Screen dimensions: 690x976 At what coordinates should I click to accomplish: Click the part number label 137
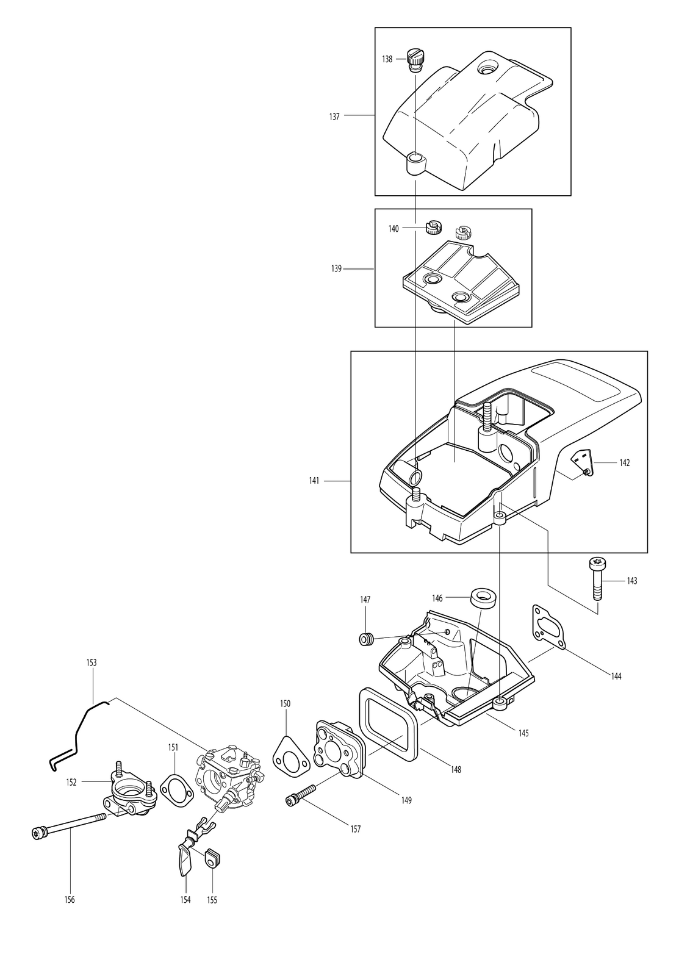click(334, 117)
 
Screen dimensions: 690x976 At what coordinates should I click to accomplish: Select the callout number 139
click(336, 269)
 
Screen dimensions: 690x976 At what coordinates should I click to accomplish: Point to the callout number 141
click(314, 481)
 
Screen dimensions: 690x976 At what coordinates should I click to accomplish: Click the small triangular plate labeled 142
click(583, 464)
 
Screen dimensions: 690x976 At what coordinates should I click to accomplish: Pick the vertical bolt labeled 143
click(597, 580)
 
